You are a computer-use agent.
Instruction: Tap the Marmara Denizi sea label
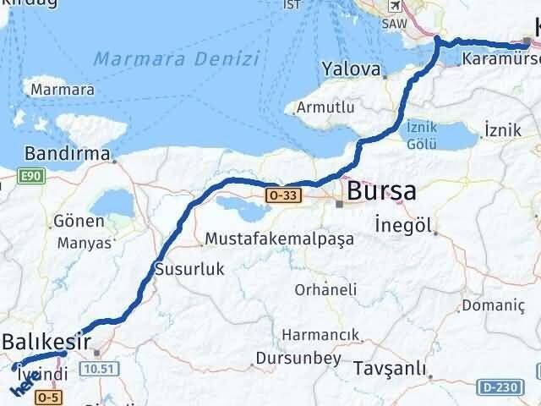[x=176, y=59]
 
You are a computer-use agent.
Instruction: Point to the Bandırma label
[x=68, y=154]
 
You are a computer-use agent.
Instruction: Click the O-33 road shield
[x=282, y=195]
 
